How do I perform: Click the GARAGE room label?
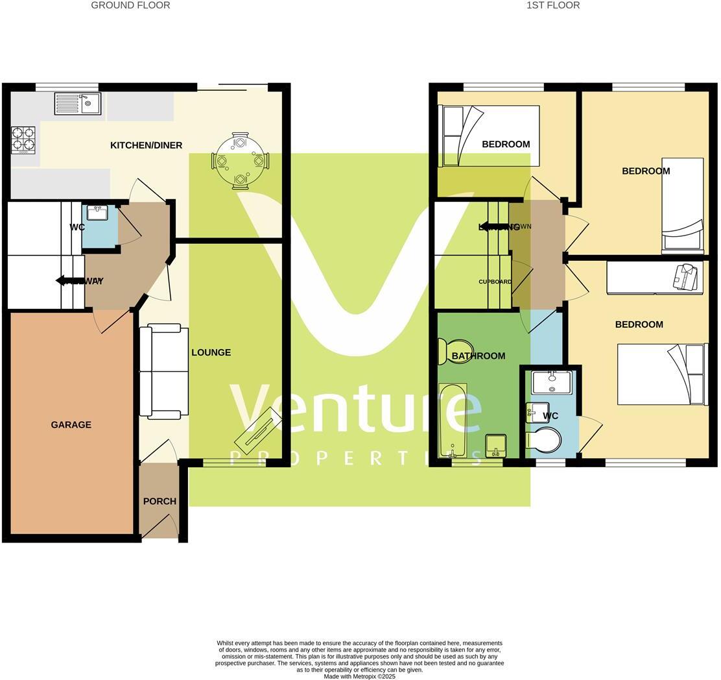point(71,425)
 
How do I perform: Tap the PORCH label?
point(160,502)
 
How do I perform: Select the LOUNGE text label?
point(211,352)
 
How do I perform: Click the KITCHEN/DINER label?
point(146,145)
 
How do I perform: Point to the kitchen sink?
point(78,104)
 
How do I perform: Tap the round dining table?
point(240,160)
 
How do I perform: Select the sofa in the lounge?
point(163,371)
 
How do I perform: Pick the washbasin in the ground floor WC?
point(97,212)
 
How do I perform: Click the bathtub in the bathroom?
point(453,420)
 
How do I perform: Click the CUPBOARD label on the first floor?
point(495,282)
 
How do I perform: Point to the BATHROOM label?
point(478,356)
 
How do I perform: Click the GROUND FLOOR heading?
point(130,5)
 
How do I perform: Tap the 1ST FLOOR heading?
point(552,5)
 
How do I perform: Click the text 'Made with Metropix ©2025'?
point(359,676)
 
